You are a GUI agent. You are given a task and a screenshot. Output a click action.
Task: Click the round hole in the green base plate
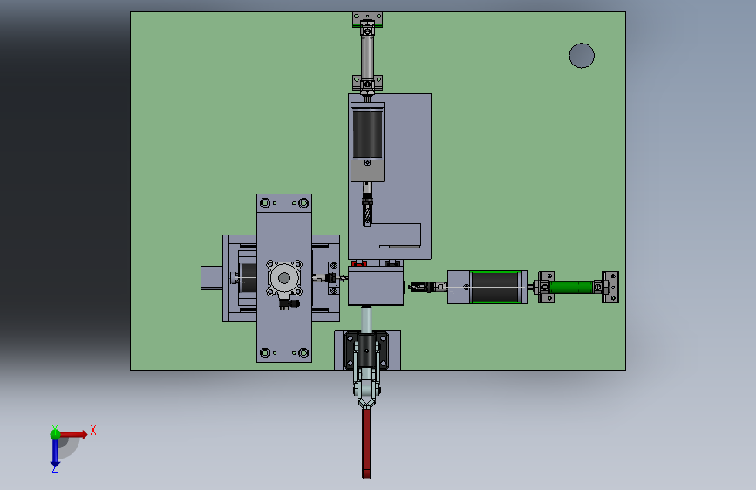click(x=582, y=56)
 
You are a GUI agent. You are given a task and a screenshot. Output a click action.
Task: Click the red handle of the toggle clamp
click(x=367, y=443)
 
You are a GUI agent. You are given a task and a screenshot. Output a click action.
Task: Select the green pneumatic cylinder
click(x=571, y=287)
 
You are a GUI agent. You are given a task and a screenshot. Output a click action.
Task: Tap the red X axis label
click(x=93, y=430)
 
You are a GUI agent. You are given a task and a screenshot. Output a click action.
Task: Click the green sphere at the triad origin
click(x=55, y=434)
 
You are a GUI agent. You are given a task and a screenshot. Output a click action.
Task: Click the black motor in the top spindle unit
click(x=367, y=133)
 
